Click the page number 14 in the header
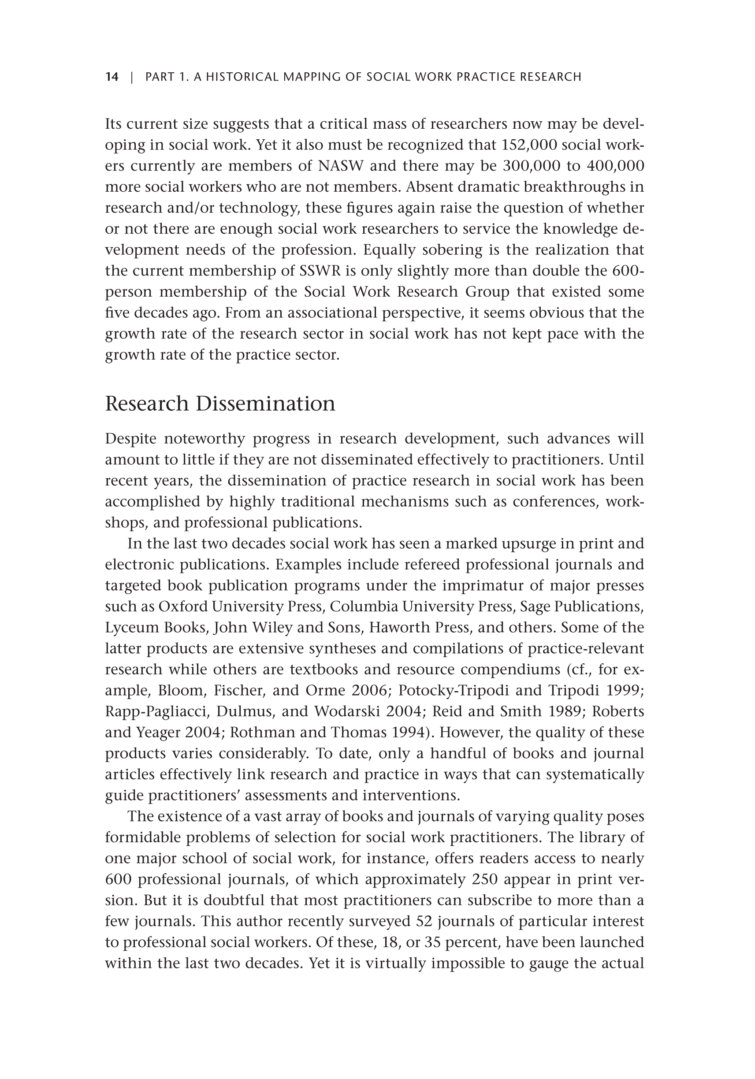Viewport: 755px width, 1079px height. coord(112,77)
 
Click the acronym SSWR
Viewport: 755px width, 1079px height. coord(320,271)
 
